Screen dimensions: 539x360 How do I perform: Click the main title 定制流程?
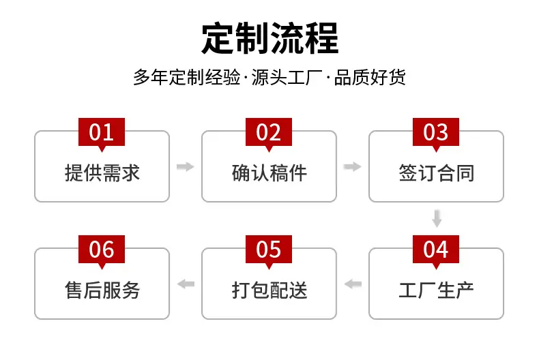tap(270, 38)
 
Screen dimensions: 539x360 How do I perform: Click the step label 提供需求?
tap(102, 172)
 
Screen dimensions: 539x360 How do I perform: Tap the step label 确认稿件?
tap(269, 172)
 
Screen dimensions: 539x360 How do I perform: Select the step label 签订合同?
tap(437, 172)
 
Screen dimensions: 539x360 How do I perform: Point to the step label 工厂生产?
tap(437, 290)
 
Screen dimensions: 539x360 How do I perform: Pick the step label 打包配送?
tap(269, 290)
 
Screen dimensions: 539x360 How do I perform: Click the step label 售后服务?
tap(102, 290)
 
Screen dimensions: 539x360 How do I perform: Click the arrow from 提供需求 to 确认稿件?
tap(186, 166)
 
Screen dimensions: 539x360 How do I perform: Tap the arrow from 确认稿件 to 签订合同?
tap(352, 166)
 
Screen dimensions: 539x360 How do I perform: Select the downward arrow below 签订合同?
tap(437, 218)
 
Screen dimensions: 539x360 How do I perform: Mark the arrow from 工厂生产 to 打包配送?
tap(353, 284)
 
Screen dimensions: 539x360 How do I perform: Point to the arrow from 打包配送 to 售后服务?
tap(186, 284)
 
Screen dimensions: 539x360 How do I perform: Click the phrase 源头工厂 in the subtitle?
tap(287, 77)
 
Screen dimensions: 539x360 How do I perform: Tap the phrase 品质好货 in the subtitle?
tap(370, 77)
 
